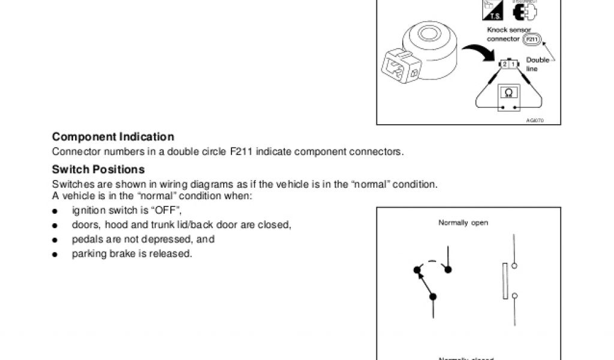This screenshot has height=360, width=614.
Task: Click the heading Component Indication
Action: pos(113,137)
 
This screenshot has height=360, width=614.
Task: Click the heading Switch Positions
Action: pos(98,169)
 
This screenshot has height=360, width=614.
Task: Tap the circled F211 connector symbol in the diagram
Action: pos(531,40)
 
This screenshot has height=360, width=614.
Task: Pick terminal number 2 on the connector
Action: pos(505,64)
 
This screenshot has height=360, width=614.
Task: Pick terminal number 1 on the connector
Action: pos(513,64)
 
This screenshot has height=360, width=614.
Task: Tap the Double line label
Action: pos(537,64)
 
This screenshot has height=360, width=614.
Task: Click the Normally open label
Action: pos(463,223)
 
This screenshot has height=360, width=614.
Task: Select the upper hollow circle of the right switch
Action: pos(514,265)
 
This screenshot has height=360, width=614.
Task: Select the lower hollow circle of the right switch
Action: pos(514,295)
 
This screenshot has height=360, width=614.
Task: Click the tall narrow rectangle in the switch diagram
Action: pos(505,280)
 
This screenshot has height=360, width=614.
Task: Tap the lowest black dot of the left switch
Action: pos(433,296)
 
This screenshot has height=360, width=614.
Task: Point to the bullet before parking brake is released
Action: pos(55,254)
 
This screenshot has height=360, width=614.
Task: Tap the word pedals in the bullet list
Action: pos(85,239)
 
